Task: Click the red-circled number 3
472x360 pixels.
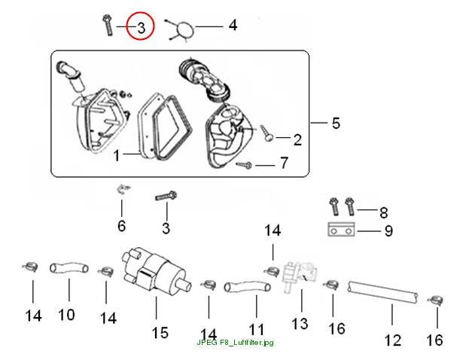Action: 142,28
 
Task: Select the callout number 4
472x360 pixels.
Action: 233,26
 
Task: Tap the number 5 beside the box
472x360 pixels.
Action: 336,124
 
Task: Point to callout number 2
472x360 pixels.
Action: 297,140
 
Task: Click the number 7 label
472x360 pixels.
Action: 284,163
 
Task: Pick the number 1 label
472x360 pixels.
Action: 117,156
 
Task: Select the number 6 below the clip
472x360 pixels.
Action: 122,226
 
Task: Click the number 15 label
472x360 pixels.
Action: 160,333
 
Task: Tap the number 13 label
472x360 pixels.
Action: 300,324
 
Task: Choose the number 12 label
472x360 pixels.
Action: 393,340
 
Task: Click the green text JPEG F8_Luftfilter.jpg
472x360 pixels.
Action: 235,343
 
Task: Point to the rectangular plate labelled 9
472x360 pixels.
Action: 341,229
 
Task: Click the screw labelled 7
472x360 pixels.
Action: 244,165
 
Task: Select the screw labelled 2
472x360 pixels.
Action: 267,133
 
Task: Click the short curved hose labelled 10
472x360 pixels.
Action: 69,268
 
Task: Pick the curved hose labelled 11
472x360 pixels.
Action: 247,286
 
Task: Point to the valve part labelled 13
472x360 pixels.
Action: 299,275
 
